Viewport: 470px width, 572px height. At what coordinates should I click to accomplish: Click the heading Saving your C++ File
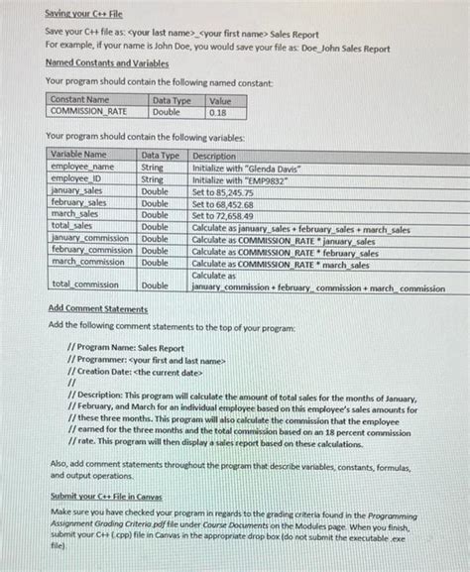point(83,15)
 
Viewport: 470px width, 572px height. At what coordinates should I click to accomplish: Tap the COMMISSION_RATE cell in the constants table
point(88,113)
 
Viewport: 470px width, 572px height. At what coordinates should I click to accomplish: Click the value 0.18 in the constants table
point(217,113)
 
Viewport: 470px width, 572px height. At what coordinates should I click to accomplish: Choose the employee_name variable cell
point(82,168)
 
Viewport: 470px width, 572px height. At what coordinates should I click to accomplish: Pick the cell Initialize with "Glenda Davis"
point(241,168)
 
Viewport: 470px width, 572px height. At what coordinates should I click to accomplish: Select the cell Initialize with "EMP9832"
point(235,179)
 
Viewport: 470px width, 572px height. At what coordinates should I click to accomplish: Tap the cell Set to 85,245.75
point(223,191)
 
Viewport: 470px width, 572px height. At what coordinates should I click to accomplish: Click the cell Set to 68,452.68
point(223,203)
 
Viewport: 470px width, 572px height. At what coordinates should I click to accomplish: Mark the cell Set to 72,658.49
point(223,215)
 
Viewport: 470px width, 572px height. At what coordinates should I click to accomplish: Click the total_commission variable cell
point(85,286)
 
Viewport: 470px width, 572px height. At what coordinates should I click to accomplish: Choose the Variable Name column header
point(78,156)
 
